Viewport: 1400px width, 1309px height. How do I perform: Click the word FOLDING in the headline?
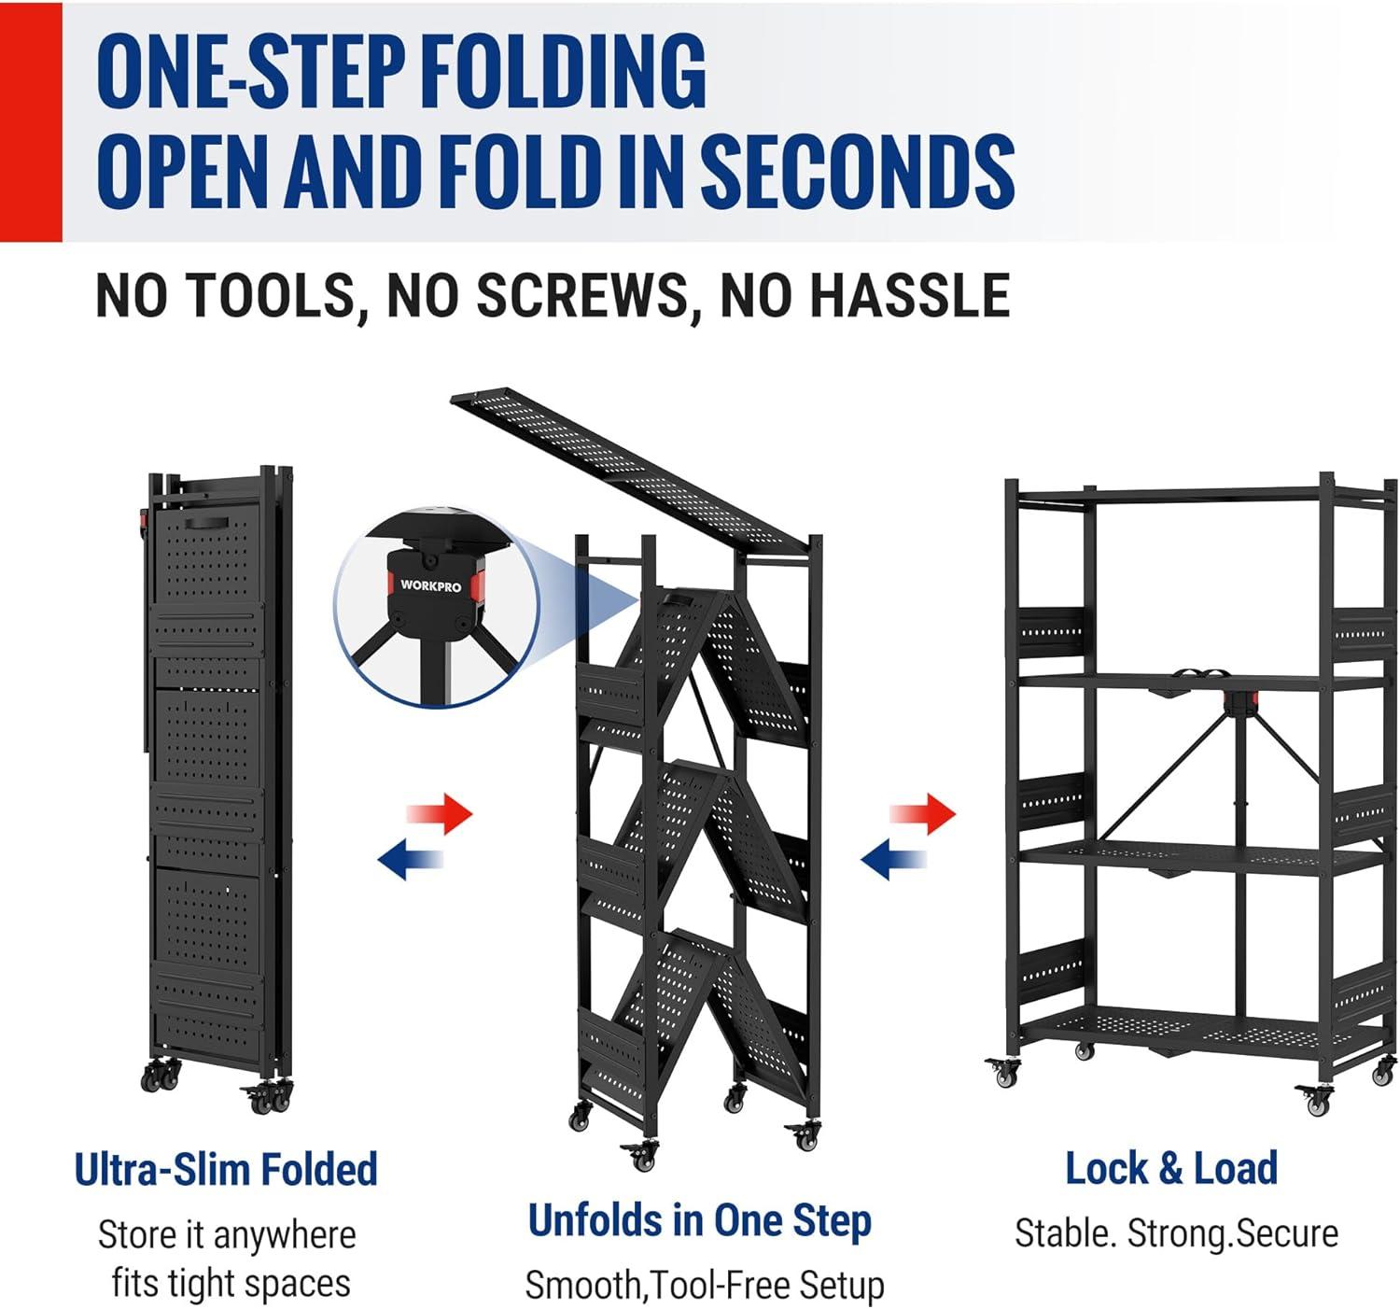566,72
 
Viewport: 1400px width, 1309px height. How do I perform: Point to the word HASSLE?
865,295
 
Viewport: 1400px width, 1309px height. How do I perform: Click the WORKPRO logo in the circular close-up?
430,585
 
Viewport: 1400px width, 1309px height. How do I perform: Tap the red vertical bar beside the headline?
31,122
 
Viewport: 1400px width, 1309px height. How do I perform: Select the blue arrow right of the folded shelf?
411,858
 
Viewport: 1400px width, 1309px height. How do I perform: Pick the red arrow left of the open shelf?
922,814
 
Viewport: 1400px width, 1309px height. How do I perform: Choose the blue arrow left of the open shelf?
894,858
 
